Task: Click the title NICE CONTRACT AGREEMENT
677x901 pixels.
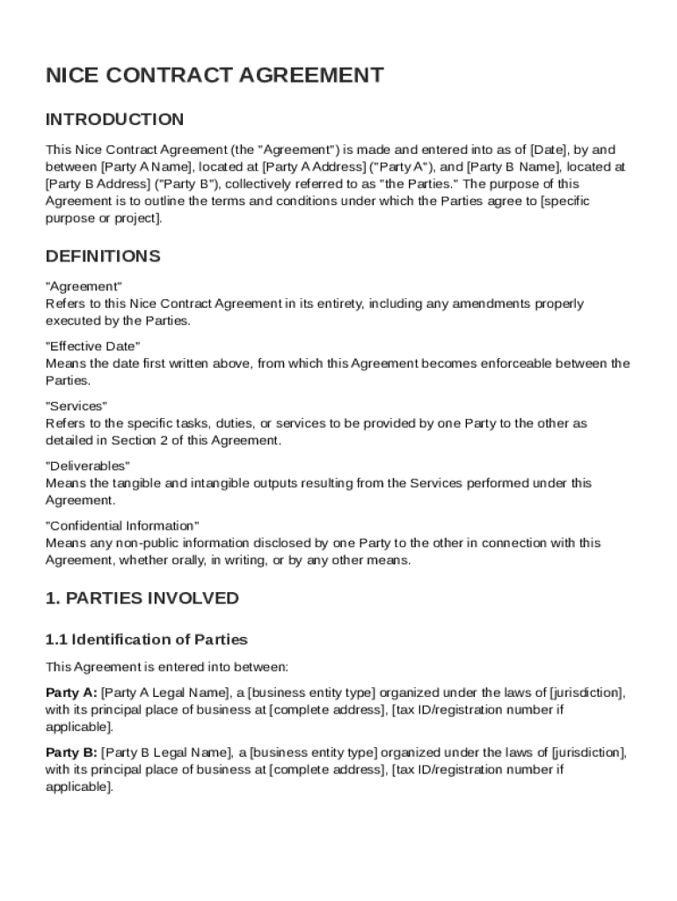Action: point(215,76)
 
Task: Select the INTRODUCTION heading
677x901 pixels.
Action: point(114,120)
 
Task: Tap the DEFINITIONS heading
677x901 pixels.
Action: point(102,257)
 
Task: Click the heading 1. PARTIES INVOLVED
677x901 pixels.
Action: point(142,598)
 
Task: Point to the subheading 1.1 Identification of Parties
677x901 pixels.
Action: point(146,640)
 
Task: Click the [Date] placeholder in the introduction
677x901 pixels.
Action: point(546,149)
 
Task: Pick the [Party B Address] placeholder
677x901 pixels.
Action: point(98,184)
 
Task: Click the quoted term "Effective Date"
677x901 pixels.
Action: point(92,346)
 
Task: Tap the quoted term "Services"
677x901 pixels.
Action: point(76,406)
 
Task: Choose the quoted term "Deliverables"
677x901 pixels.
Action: point(88,465)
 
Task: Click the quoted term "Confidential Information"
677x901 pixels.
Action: point(122,525)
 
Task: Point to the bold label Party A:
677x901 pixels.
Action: point(71,692)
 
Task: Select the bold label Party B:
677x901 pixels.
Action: point(71,752)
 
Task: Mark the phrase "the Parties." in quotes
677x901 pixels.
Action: point(417,184)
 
